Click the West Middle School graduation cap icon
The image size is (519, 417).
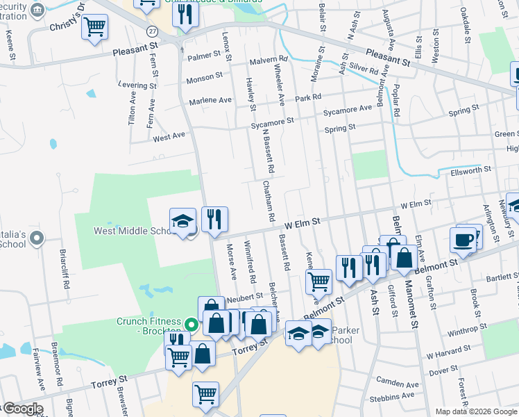pos(182,222)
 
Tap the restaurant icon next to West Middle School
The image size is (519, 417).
pos(215,220)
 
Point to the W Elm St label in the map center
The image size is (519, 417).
pos(301,223)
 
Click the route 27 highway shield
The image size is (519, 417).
pos(151,31)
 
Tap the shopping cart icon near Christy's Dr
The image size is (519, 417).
pos(94,28)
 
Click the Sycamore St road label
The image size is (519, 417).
pos(273,122)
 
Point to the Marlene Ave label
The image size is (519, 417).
pos(210,100)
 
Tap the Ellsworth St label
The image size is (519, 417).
pos(470,170)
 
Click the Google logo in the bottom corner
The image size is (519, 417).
pos(22,409)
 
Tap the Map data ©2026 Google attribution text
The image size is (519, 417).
pos(476,411)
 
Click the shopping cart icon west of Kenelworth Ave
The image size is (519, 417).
pos(318,281)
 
